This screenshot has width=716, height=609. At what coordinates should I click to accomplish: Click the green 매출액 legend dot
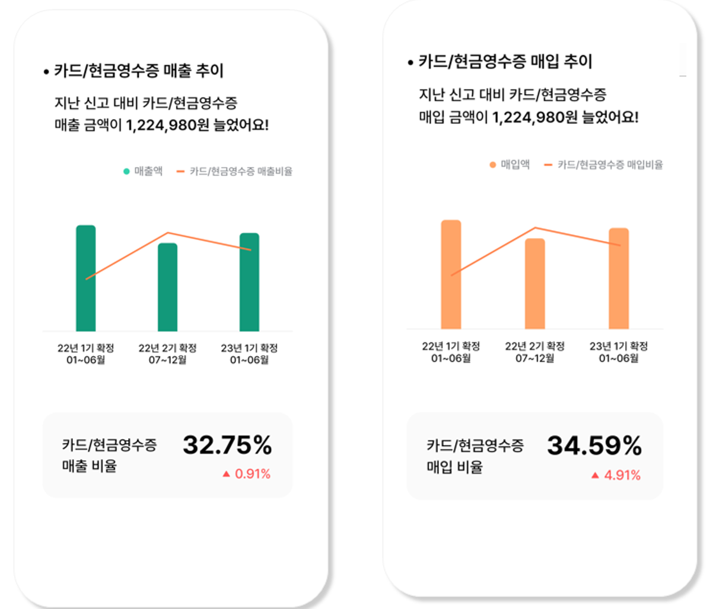tap(126, 172)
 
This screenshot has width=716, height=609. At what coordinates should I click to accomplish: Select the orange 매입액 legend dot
tap(492, 165)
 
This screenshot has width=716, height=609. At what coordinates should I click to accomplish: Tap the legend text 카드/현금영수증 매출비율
tap(241, 172)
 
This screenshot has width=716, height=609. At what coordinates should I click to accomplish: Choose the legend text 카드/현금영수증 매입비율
tap(610, 165)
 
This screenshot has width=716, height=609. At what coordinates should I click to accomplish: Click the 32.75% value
tap(227, 445)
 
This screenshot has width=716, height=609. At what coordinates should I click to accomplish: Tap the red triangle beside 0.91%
tap(226, 474)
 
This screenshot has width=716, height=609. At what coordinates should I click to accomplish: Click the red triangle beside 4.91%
tap(595, 475)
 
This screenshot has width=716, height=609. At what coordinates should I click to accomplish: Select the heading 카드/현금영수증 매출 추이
tap(139, 71)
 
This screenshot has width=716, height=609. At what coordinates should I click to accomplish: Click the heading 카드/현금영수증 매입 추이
tap(505, 62)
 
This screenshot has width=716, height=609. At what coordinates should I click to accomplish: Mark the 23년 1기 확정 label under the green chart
tap(249, 348)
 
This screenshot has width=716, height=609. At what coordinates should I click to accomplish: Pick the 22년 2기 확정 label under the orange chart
tap(534, 346)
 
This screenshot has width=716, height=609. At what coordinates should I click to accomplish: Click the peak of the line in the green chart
tap(168, 233)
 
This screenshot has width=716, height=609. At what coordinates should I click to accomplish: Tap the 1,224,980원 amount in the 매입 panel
tap(534, 117)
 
